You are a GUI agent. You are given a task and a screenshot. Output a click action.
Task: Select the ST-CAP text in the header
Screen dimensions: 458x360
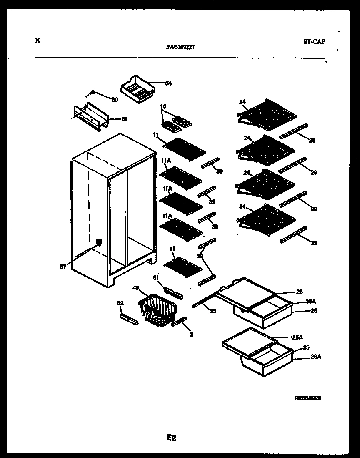(314, 42)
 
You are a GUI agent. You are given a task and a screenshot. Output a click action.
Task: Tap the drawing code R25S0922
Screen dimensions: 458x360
(308, 398)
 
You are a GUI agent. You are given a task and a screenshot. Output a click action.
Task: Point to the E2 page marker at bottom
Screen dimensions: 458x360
(171, 438)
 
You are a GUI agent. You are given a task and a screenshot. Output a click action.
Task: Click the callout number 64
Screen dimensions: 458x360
(168, 83)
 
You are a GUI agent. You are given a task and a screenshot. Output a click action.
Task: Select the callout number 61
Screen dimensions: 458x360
(124, 119)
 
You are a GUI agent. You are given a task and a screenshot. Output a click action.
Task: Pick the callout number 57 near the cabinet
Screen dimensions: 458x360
(63, 267)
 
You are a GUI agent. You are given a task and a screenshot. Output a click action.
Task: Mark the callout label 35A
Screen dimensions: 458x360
(310, 301)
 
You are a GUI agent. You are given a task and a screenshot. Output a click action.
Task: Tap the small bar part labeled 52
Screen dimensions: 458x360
(129, 320)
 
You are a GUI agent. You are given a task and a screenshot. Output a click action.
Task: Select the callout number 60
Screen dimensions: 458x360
(115, 99)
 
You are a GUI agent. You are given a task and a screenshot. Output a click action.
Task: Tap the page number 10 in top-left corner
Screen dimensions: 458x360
(38, 41)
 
